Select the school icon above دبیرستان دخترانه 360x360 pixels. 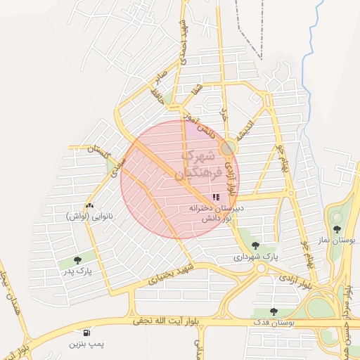point(216,198)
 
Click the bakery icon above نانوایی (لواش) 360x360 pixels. point(89,205)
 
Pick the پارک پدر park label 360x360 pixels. point(77,271)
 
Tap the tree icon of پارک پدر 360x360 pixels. point(77,260)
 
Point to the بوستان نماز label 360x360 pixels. point(336,240)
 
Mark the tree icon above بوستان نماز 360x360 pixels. point(337,229)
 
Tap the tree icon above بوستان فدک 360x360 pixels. point(274,311)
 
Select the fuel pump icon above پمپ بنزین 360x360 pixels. point(86,333)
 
